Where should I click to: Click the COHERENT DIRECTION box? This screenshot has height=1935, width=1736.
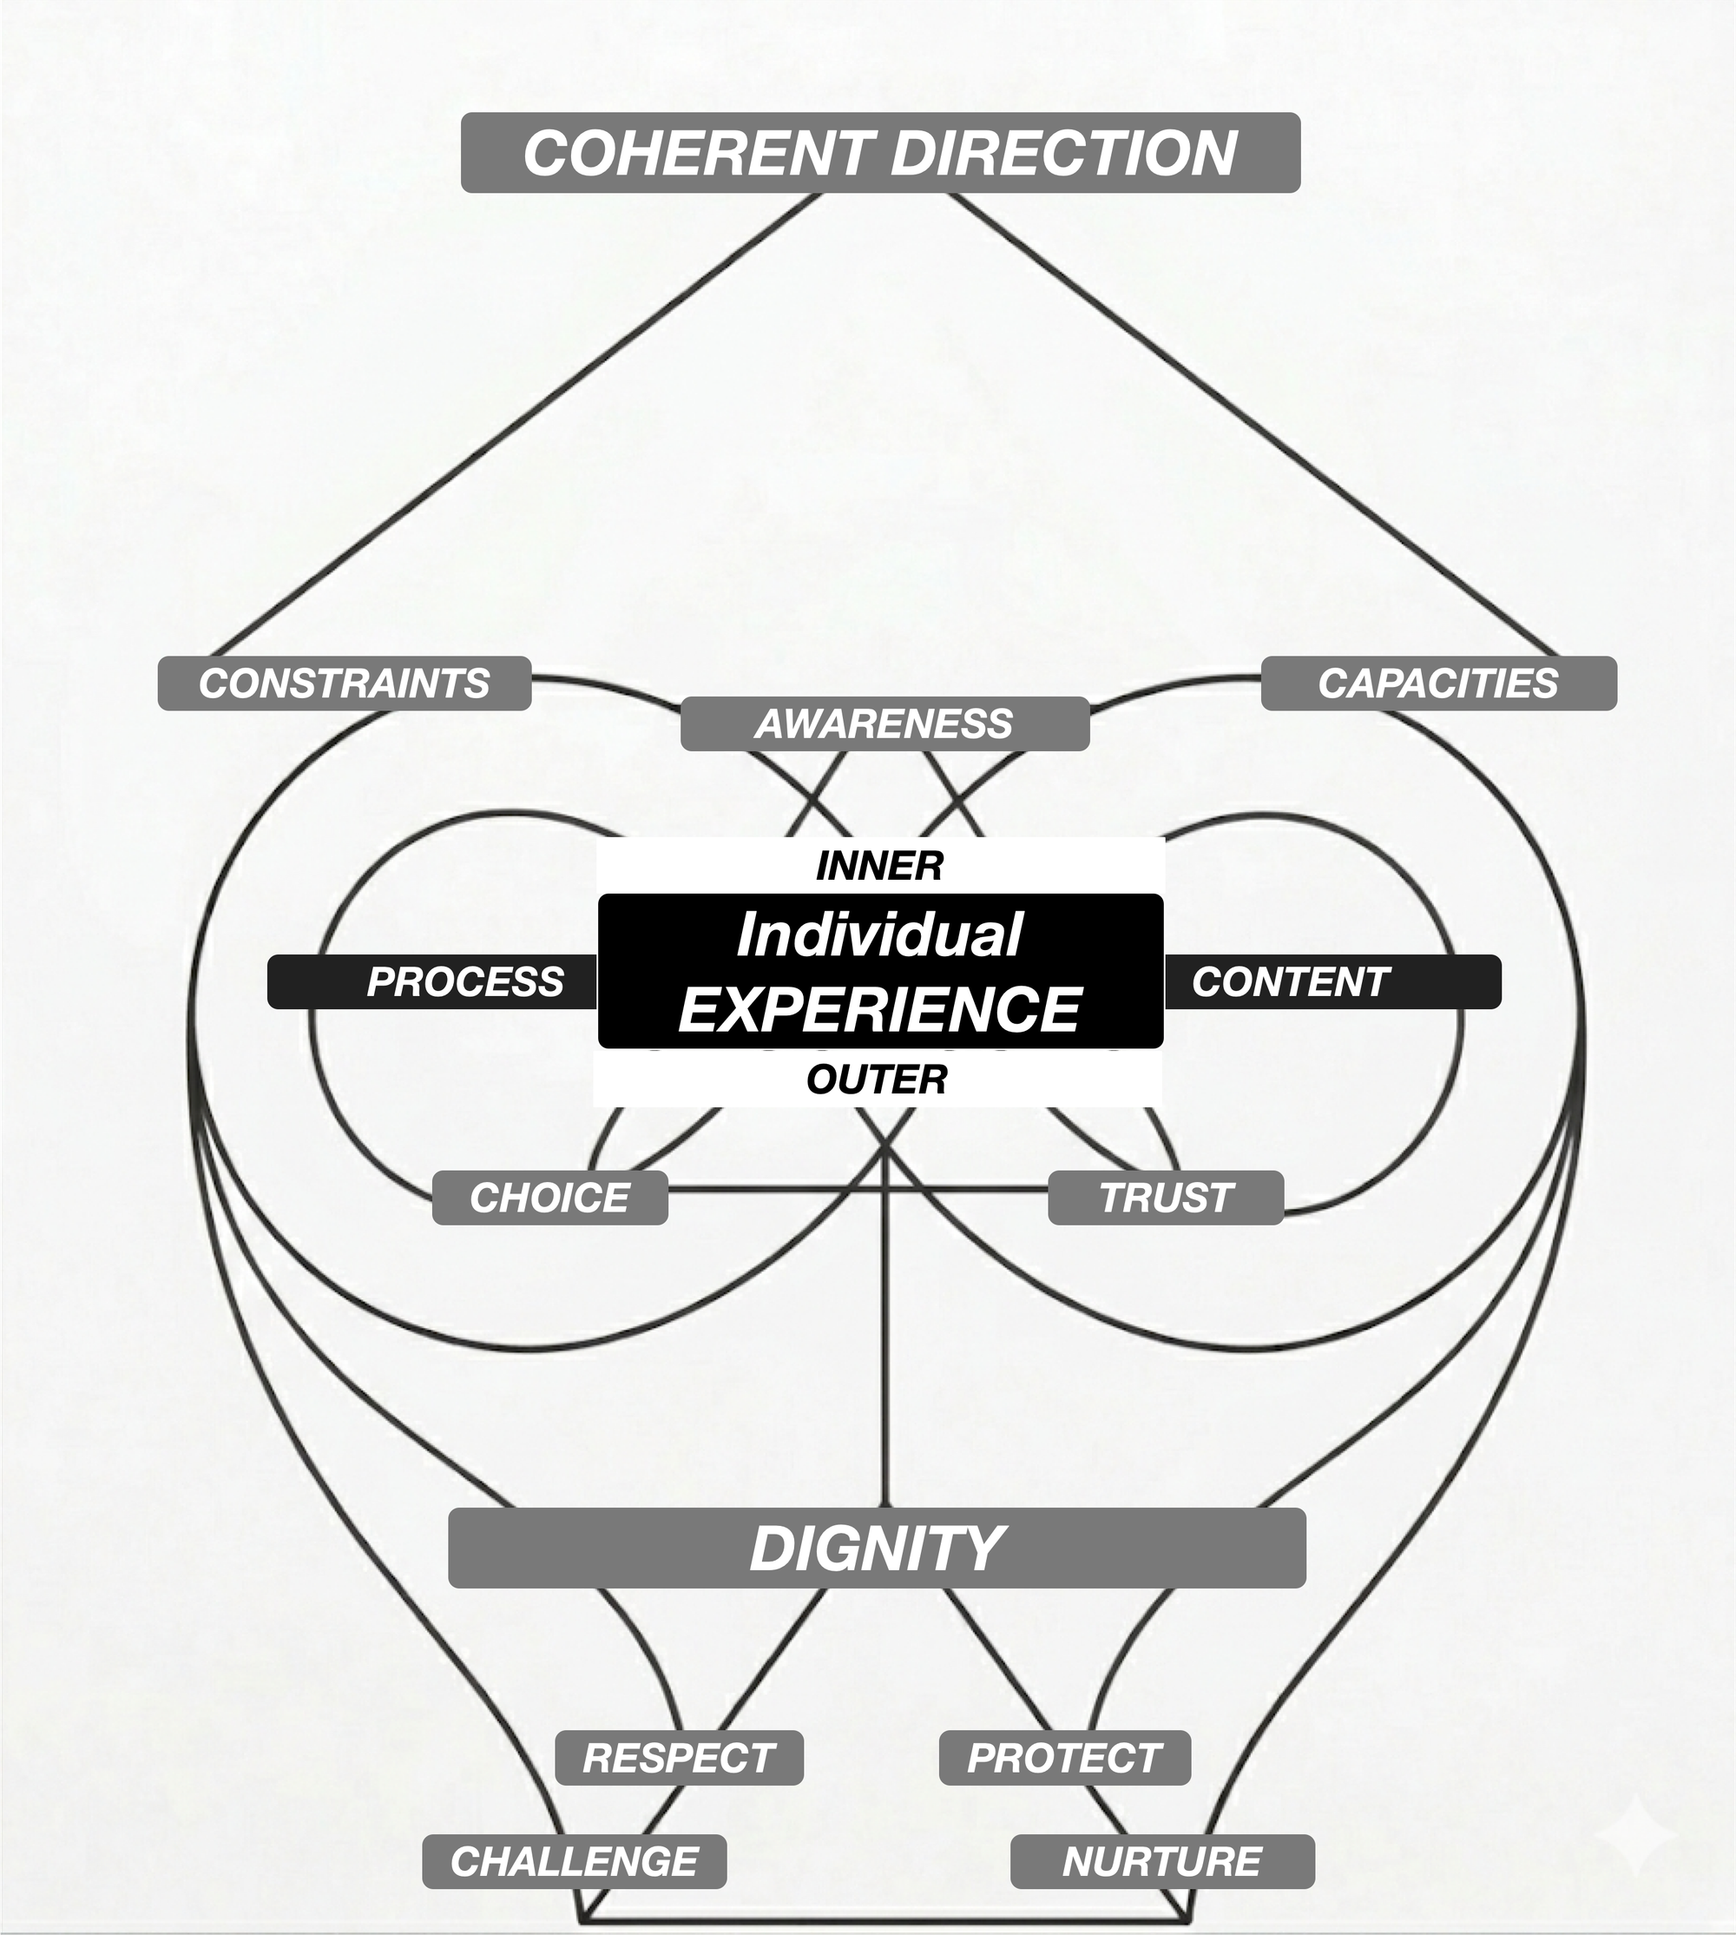click(x=879, y=153)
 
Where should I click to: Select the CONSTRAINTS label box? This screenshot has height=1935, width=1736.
click(x=345, y=684)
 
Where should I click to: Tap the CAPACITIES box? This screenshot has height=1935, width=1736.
click(x=1437, y=684)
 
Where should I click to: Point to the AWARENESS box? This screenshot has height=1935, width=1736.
click(x=884, y=724)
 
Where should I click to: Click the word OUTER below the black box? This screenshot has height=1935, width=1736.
click(x=877, y=1080)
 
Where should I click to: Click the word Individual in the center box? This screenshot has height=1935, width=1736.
click(x=879, y=934)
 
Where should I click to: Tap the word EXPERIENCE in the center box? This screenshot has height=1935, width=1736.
click(x=879, y=1009)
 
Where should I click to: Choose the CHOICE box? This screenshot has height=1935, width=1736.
click(x=549, y=1198)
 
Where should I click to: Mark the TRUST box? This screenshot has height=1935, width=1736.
click(x=1166, y=1198)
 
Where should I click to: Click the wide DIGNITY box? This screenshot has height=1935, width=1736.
click(x=877, y=1549)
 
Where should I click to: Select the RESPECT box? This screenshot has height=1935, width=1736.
click(x=679, y=1759)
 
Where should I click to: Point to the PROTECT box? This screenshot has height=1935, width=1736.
click(x=1064, y=1759)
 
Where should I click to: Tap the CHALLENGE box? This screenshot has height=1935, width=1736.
click(x=575, y=1861)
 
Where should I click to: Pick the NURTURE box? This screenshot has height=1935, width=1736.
click(x=1161, y=1861)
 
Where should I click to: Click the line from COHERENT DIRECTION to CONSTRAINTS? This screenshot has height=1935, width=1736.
click(x=515, y=424)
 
